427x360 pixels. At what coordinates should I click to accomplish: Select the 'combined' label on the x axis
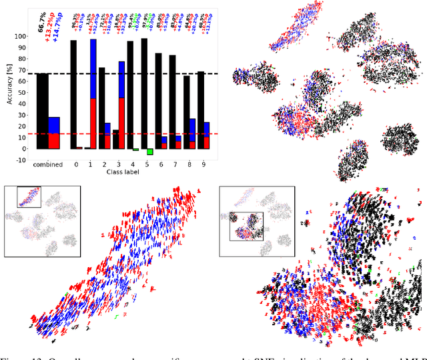tap(48, 164)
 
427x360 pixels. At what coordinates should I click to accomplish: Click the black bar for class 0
tap(73, 94)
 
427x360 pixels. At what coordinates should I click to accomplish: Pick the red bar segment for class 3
tap(121, 123)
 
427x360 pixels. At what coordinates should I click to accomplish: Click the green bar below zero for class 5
tap(150, 152)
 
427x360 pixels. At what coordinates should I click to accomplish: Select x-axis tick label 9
tap(205, 164)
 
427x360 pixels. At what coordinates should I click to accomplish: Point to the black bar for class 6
tap(158, 100)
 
